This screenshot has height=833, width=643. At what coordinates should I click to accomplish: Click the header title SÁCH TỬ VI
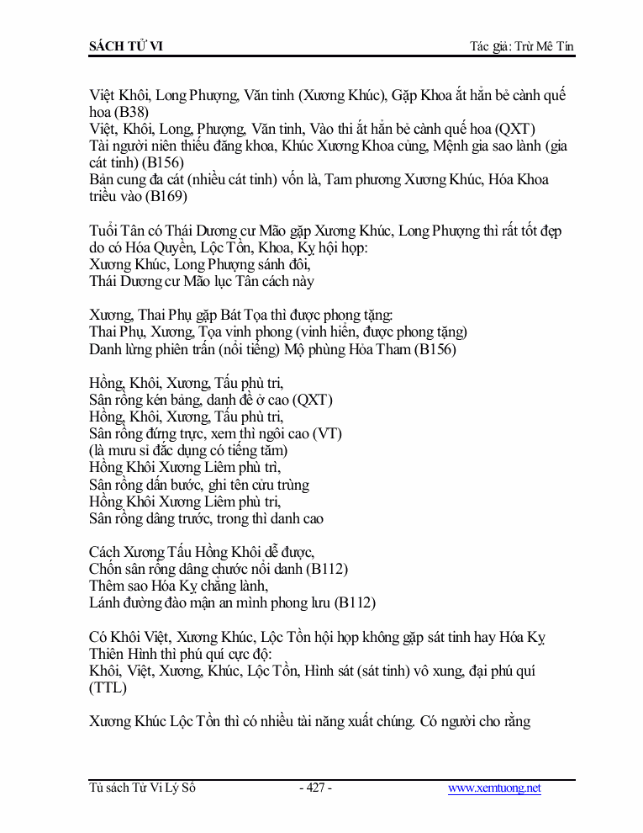click(x=126, y=45)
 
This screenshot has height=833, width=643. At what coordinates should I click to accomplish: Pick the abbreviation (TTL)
click(x=108, y=688)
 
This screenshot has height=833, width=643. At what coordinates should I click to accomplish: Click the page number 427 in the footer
click(x=315, y=788)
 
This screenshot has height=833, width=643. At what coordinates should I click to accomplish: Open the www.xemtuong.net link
click(x=494, y=788)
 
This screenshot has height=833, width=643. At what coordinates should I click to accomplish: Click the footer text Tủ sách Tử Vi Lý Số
click(x=143, y=788)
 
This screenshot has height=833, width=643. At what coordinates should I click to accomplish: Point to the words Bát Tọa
click(x=244, y=316)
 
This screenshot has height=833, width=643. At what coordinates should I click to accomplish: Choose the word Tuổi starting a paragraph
click(x=104, y=231)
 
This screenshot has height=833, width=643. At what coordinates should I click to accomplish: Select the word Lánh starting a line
click(x=105, y=602)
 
